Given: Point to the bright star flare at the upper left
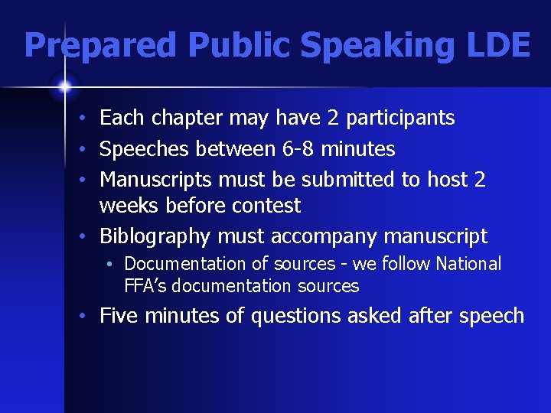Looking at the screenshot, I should pyautogui.click(x=64, y=87).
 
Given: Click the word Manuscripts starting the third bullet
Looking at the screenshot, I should pyautogui.click(x=157, y=180).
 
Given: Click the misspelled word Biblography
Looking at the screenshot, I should pyautogui.click(x=156, y=236).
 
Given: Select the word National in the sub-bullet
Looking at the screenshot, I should pyautogui.click(x=468, y=264).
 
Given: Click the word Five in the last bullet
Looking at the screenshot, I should pyautogui.click(x=119, y=315).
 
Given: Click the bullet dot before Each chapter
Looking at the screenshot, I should pyautogui.click(x=90, y=119).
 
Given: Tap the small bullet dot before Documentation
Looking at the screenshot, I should pyautogui.click(x=112, y=265).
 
